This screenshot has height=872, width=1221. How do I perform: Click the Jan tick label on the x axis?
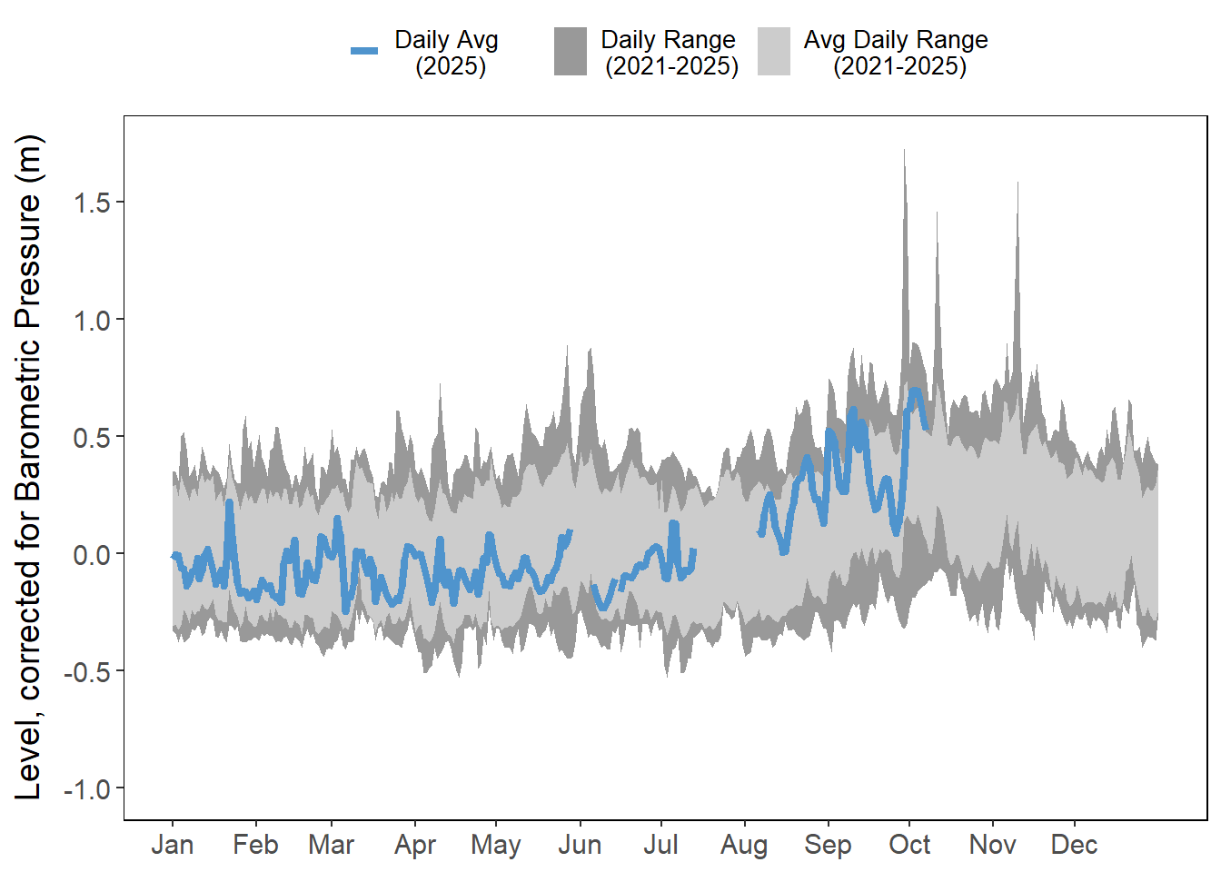coord(173,845)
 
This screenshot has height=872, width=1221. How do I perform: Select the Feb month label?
coord(255,845)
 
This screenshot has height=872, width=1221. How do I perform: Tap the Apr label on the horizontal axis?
coord(415,845)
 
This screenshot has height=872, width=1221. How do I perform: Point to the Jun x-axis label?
coord(580,845)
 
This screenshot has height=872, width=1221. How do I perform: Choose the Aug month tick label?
coord(744,845)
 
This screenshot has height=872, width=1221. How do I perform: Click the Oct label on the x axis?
coord(909,845)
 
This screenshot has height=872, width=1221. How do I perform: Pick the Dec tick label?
coord(1074,845)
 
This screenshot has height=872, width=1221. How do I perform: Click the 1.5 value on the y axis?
coord(92,203)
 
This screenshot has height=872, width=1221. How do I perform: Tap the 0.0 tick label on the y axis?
coord(92,554)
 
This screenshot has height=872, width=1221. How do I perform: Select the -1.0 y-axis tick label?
coord(87,788)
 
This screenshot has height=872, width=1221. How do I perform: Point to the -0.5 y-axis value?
coord(87,671)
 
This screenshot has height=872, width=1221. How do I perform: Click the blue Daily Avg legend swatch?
coord(364,51)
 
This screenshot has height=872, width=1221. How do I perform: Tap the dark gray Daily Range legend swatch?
coord(571,52)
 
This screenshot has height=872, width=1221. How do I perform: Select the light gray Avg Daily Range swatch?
coord(774,52)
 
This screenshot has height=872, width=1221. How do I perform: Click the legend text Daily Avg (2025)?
coord(447,53)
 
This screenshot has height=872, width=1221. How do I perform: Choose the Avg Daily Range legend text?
coord(896,53)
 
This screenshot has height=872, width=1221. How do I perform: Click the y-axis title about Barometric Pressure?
coord(29,467)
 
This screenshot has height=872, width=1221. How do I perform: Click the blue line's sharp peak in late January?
coord(229,503)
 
